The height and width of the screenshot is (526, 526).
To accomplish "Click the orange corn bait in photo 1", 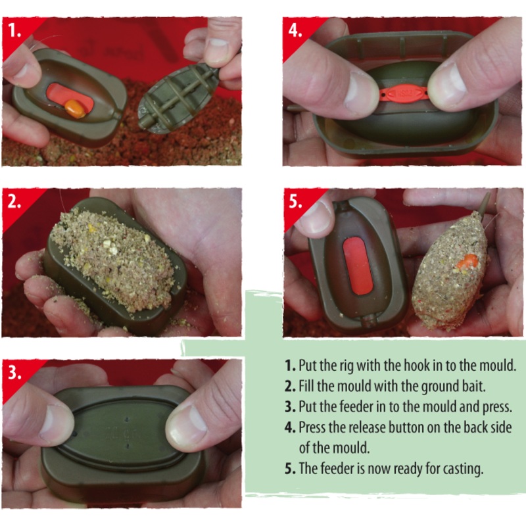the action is (76, 108).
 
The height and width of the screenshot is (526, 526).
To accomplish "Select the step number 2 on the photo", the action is (14, 202).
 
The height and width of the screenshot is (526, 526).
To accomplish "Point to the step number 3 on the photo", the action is (14, 372).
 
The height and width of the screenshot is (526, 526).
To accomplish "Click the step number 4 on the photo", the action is (295, 30).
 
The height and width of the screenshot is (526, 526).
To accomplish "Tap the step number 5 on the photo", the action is (295, 202).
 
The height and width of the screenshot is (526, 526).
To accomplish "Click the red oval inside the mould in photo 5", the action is (358, 266).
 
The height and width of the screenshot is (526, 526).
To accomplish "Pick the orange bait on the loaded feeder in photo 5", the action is (467, 261).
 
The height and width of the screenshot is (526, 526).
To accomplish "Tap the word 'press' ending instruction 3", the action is (497, 407).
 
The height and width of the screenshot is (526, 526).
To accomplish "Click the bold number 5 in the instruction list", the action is (290, 469).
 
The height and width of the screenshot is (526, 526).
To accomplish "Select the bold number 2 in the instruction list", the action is (290, 387).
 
